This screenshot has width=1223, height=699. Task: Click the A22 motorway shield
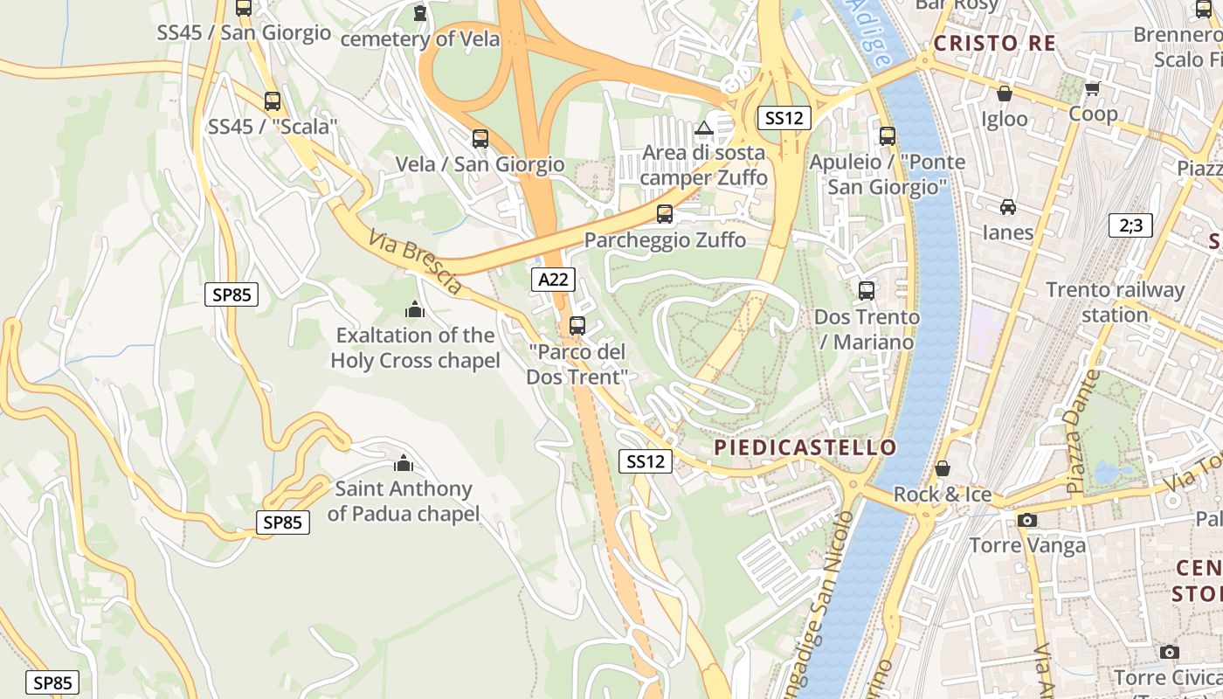553,280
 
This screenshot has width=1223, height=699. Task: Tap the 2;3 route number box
1130,225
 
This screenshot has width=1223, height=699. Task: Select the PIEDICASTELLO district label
805,448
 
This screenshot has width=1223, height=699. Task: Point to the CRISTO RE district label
994,43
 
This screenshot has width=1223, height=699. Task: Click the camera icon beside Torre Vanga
1026,521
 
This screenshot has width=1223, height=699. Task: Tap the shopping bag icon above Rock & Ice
942,468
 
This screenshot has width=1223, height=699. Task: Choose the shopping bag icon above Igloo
1005,93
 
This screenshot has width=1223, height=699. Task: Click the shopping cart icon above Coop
1092,88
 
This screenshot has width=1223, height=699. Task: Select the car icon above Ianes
1007,207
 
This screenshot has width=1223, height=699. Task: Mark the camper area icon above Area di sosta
703,128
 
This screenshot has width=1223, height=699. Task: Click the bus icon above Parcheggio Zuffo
664,214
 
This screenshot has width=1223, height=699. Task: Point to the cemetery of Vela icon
420,13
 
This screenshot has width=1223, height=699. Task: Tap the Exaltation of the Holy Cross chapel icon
414,309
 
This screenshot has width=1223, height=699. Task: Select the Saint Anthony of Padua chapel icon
403,463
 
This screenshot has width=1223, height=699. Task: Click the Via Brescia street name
415,261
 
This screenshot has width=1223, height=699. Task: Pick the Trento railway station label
1115,301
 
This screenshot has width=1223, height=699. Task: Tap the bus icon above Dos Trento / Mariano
866,291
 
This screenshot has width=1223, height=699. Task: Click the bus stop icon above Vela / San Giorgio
480,138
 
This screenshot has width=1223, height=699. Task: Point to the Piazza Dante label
1082,430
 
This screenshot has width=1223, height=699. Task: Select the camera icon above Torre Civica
1169,652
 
